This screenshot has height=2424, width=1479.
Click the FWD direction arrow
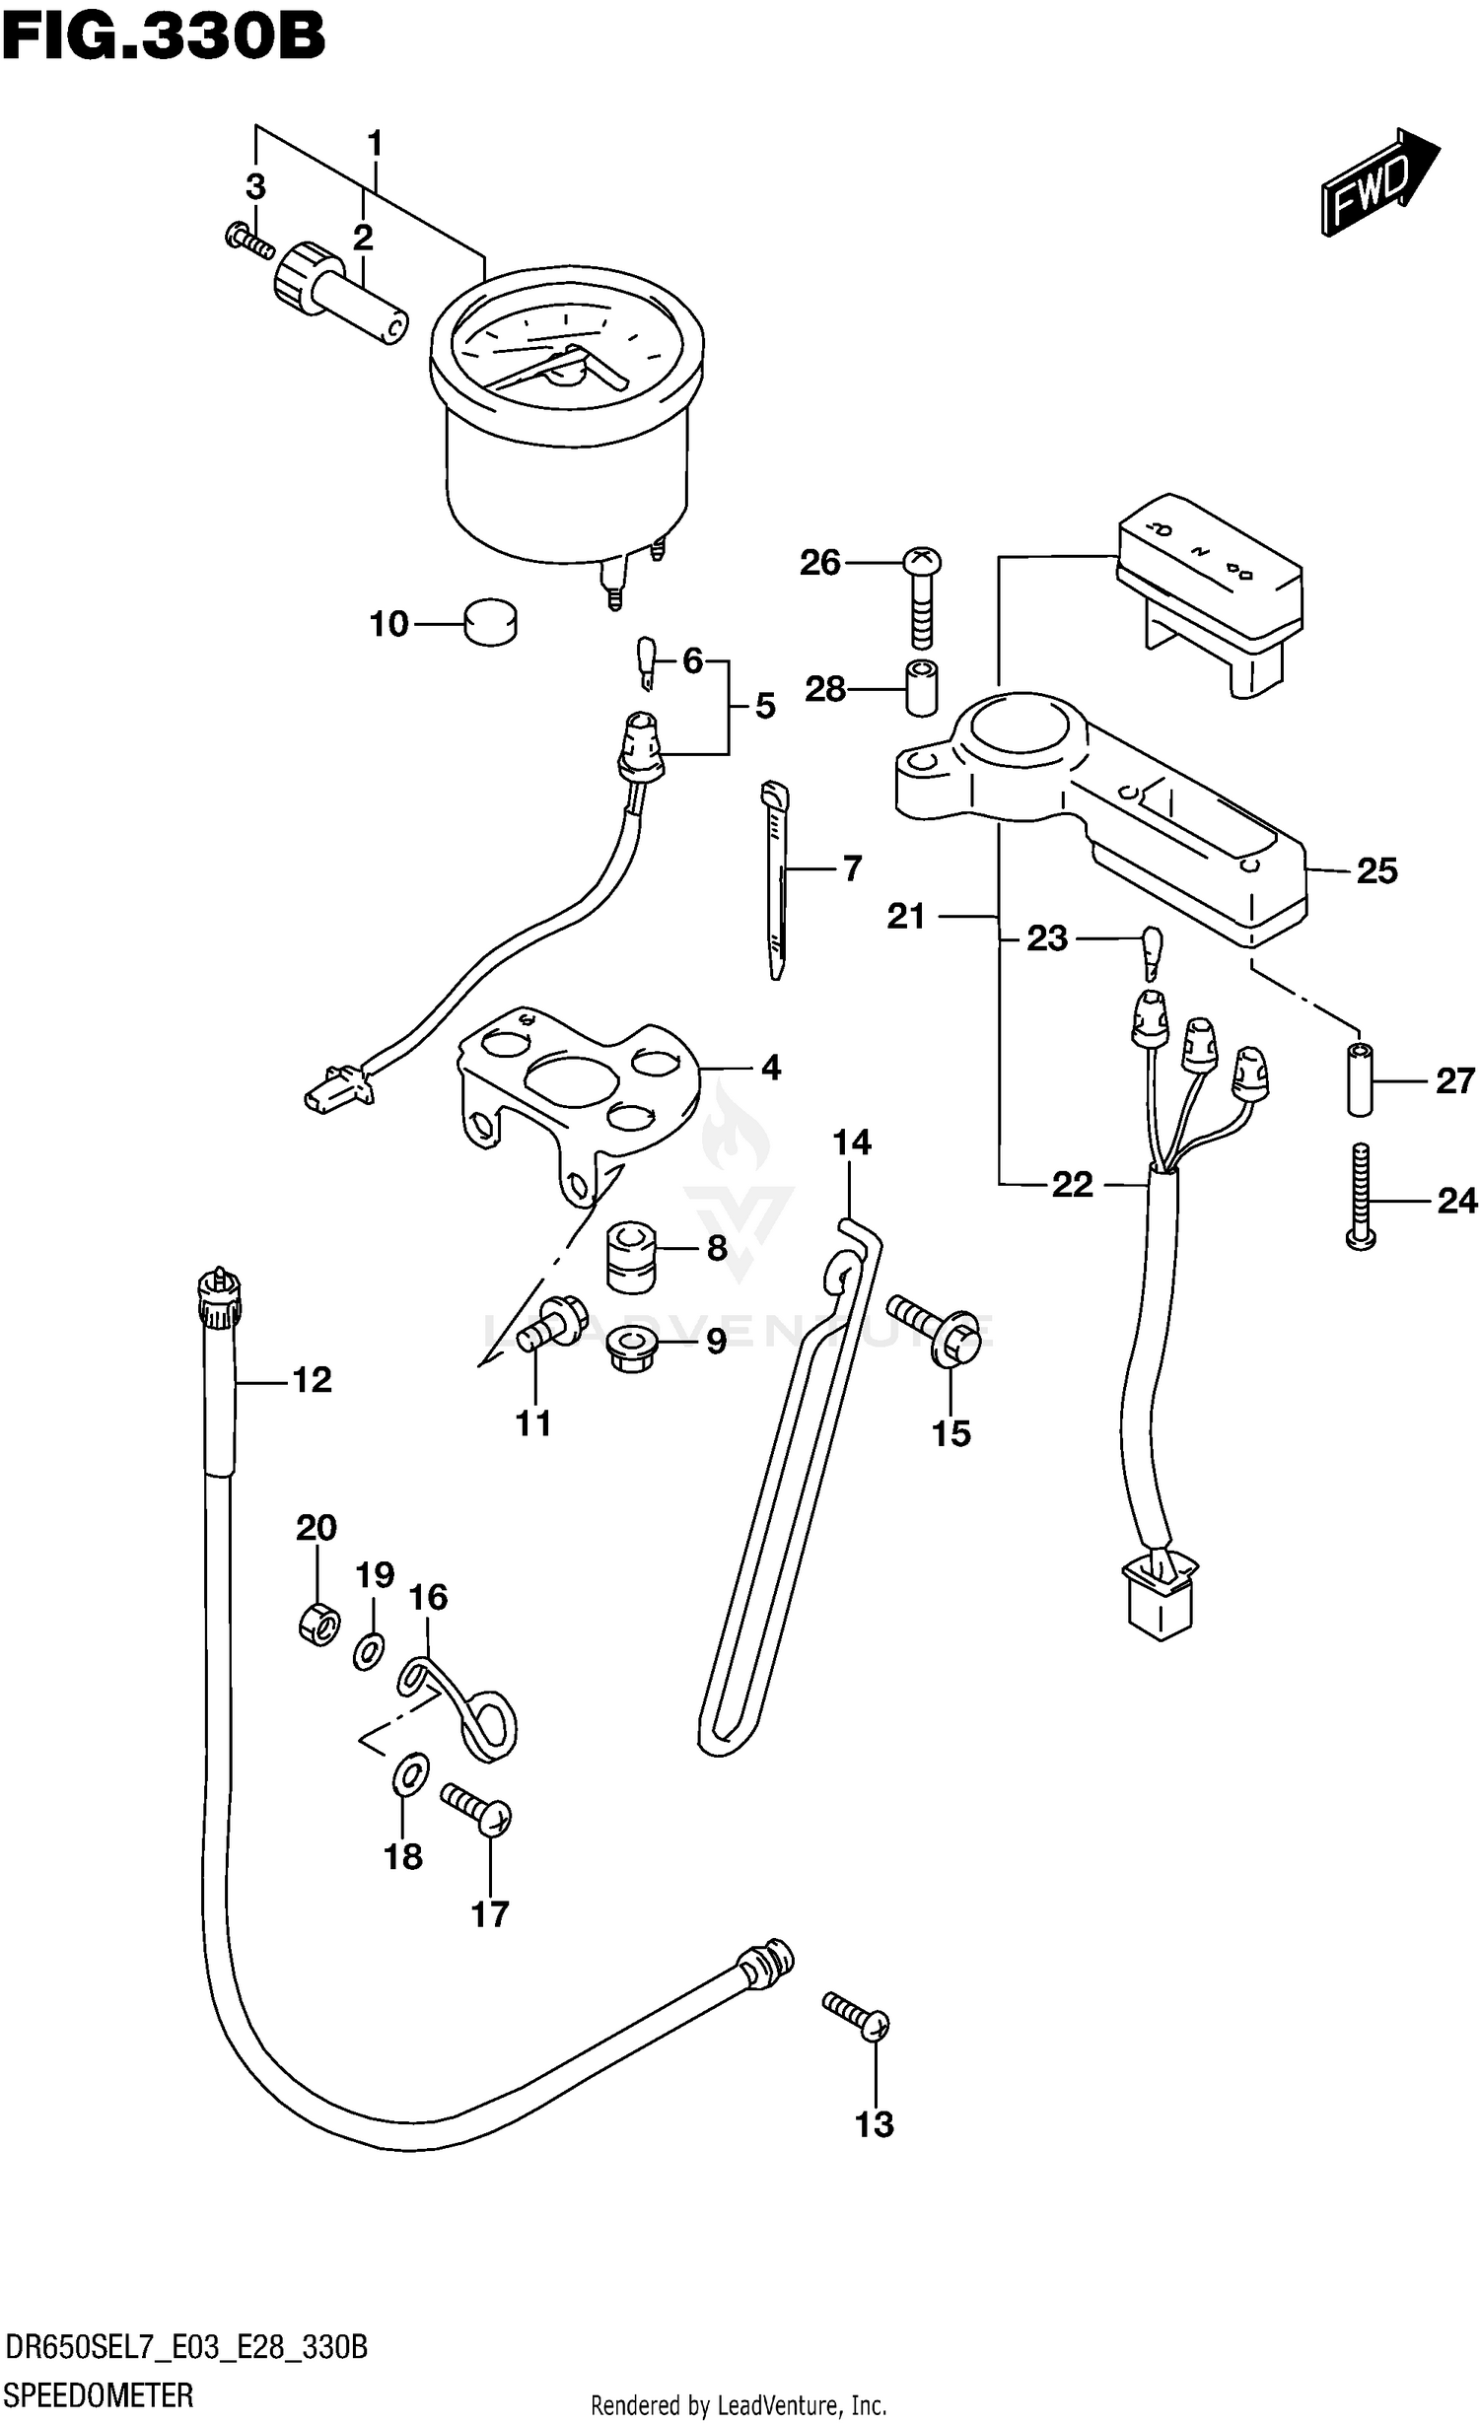click(1378, 181)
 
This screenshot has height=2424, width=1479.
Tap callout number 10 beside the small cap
click(388, 624)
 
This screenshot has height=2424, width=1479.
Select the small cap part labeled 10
click(490, 623)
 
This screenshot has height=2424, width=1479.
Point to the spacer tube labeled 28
click(921, 688)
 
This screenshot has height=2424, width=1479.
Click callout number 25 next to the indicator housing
click(1376, 870)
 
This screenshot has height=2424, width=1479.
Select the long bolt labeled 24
click(1361, 1198)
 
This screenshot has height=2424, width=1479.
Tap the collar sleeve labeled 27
click(1361, 1080)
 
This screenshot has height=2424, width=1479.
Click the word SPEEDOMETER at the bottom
click(99, 2395)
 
